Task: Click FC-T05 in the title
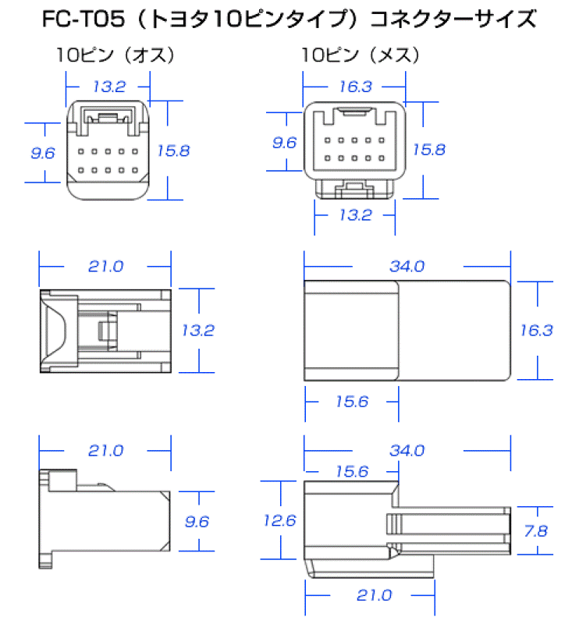click(x=83, y=19)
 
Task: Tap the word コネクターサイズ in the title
click(x=453, y=19)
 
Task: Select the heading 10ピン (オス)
click(x=115, y=55)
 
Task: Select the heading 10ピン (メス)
click(x=361, y=55)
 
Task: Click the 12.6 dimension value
click(x=280, y=520)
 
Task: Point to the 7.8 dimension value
click(x=536, y=531)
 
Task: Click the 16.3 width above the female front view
click(x=356, y=87)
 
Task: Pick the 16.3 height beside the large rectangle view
click(x=537, y=330)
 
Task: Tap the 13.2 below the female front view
click(x=356, y=215)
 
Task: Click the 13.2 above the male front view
click(x=109, y=87)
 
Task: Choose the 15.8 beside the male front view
click(x=173, y=151)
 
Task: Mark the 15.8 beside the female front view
click(x=429, y=149)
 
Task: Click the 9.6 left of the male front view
click(x=43, y=153)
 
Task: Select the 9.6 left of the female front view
click(x=284, y=143)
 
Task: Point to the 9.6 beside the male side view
click(x=197, y=521)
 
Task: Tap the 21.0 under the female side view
click(x=374, y=595)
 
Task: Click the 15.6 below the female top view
click(x=352, y=402)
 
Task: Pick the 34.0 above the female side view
click(x=407, y=451)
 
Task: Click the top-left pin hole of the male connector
click(x=81, y=151)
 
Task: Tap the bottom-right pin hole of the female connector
click(x=382, y=158)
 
